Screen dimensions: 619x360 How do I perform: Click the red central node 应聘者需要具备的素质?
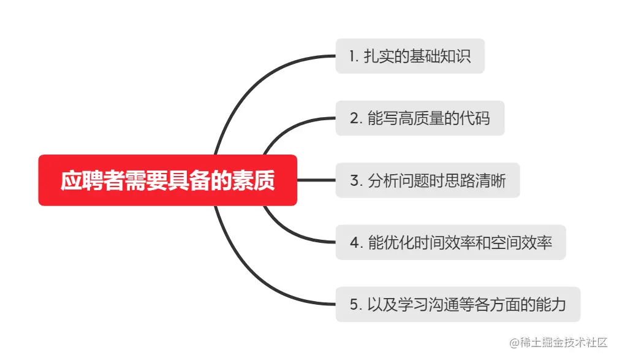click(167, 180)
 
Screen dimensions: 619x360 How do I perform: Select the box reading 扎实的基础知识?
click(409, 56)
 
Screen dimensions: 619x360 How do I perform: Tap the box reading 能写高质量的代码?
click(420, 118)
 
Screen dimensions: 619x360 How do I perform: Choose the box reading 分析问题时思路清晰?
click(427, 180)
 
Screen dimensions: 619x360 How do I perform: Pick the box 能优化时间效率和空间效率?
click(450, 242)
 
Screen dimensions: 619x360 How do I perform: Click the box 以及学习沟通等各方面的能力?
click(457, 304)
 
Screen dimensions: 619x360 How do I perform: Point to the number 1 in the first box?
click(352, 56)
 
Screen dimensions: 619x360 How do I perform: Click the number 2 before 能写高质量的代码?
click(354, 118)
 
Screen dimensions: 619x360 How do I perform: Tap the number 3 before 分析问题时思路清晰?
click(354, 181)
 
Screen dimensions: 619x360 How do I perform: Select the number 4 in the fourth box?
click(354, 243)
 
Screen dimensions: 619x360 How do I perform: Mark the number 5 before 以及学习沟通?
click(354, 305)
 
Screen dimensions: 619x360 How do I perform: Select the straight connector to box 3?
click(316, 180)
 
